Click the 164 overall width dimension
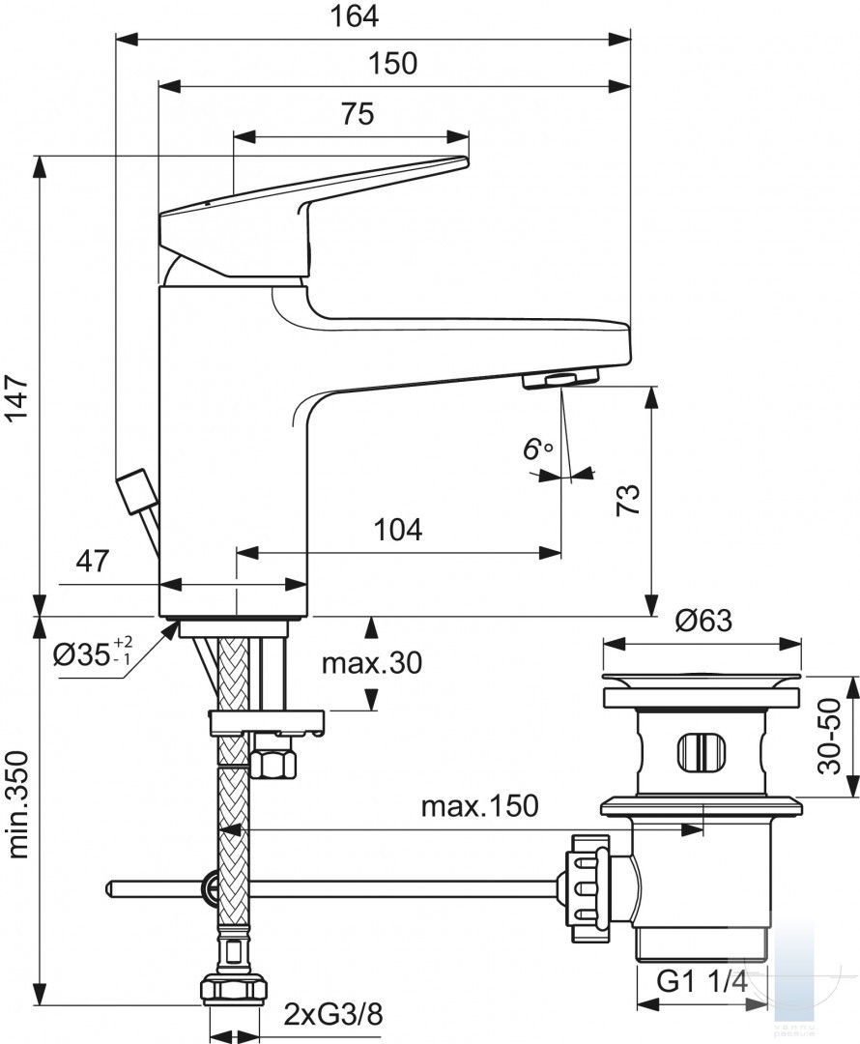354,16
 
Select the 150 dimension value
392,63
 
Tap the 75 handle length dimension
358,114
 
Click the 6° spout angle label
536,449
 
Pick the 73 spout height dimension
628,500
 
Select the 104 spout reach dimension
397,530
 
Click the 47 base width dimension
92,562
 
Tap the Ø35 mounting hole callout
93,653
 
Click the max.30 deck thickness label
371,662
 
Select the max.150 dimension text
479,805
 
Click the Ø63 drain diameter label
703,621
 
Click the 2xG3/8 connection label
332,1015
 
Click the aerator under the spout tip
560,380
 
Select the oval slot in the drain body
699,752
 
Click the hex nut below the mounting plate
274,760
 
